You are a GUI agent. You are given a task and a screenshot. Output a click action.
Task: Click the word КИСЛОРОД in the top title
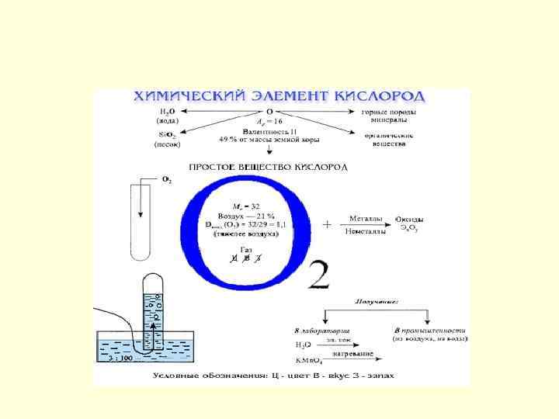(380, 97)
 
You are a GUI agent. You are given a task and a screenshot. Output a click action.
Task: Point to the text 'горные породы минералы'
(388, 116)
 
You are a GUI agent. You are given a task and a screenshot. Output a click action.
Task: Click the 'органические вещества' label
(388, 140)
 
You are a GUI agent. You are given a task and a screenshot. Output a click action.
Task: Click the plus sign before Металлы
(327, 224)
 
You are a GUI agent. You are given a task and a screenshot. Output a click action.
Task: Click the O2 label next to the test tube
(166, 180)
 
